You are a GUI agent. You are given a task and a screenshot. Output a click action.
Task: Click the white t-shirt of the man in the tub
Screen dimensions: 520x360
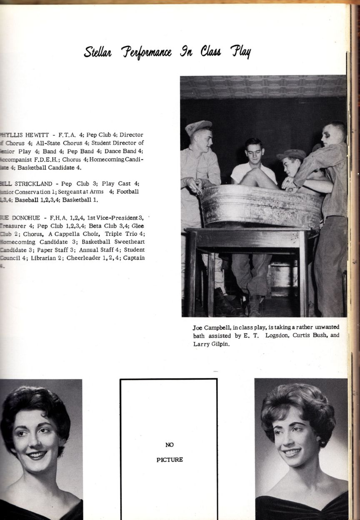coord(241,171)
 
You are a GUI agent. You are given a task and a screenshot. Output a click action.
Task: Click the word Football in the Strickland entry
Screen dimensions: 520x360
coord(127,192)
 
